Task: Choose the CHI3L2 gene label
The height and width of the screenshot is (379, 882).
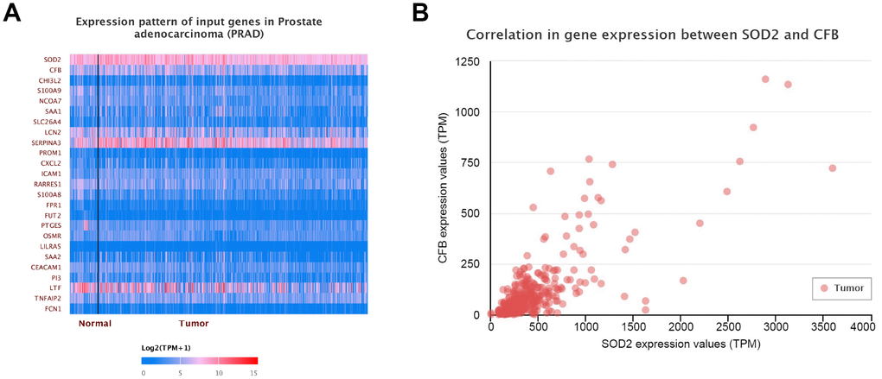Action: click(x=49, y=80)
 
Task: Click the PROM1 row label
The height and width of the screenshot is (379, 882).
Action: click(x=50, y=153)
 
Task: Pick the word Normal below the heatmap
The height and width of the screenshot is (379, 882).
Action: click(x=94, y=324)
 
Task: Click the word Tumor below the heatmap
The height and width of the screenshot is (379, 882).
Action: click(x=194, y=324)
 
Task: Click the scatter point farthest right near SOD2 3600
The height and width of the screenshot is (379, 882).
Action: click(x=832, y=167)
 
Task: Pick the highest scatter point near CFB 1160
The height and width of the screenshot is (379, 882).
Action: click(x=765, y=79)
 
